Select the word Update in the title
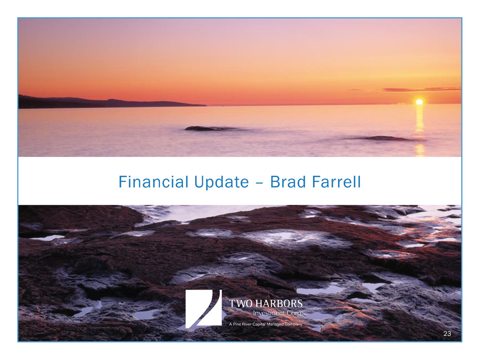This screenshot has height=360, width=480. pos(222,182)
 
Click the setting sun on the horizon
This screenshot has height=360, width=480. pos(419,102)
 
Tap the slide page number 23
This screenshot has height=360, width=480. pos(447,333)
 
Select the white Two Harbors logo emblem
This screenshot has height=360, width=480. pos(204,308)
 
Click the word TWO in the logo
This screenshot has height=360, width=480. pos(241,303)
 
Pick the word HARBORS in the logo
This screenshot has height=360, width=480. pos(279,303)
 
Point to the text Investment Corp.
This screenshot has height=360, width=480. pos(277,313)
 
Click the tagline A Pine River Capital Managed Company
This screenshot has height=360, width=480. pos(266,324)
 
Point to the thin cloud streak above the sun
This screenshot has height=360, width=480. pos(421,89)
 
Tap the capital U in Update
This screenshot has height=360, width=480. pos(199,182)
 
